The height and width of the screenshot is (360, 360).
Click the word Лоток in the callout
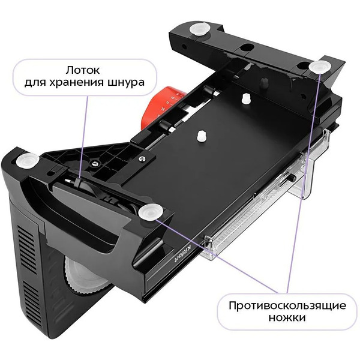pyautogui.click(x=83, y=70)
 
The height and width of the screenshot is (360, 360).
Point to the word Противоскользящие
pyautogui.click(x=287, y=306)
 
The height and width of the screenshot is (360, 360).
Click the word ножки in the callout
pyautogui.click(x=287, y=318)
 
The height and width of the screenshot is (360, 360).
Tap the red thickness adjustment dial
pyautogui.click(x=161, y=104)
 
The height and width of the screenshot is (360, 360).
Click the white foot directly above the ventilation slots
pyautogui.click(x=28, y=161)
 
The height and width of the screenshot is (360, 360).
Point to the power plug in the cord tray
pyautogui.click(x=73, y=181)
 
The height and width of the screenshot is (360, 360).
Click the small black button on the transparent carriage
pyautogui.click(x=292, y=178)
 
